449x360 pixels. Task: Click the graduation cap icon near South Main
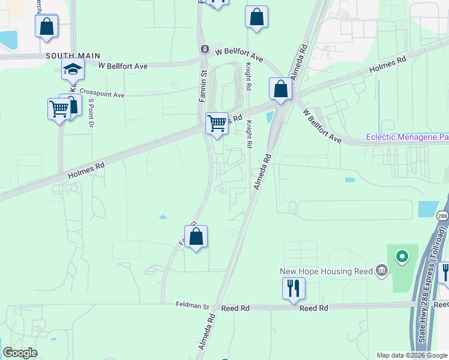click(73, 70)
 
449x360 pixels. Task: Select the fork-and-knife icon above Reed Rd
click(294, 288)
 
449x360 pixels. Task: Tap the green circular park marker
click(401, 257)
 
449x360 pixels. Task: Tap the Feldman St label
click(191, 305)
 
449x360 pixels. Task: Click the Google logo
click(20, 353)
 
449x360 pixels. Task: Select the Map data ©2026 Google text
click(411, 355)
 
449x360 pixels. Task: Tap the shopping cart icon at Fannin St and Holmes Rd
click(217, 124)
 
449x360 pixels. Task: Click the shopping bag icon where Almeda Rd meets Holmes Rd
click(280, 89)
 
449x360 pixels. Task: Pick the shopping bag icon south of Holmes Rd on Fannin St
click(196, 236)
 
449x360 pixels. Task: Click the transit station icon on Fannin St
click(204, 49)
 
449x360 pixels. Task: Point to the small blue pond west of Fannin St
click(163, 217)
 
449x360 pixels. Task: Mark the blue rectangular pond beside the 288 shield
click(426, 208)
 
